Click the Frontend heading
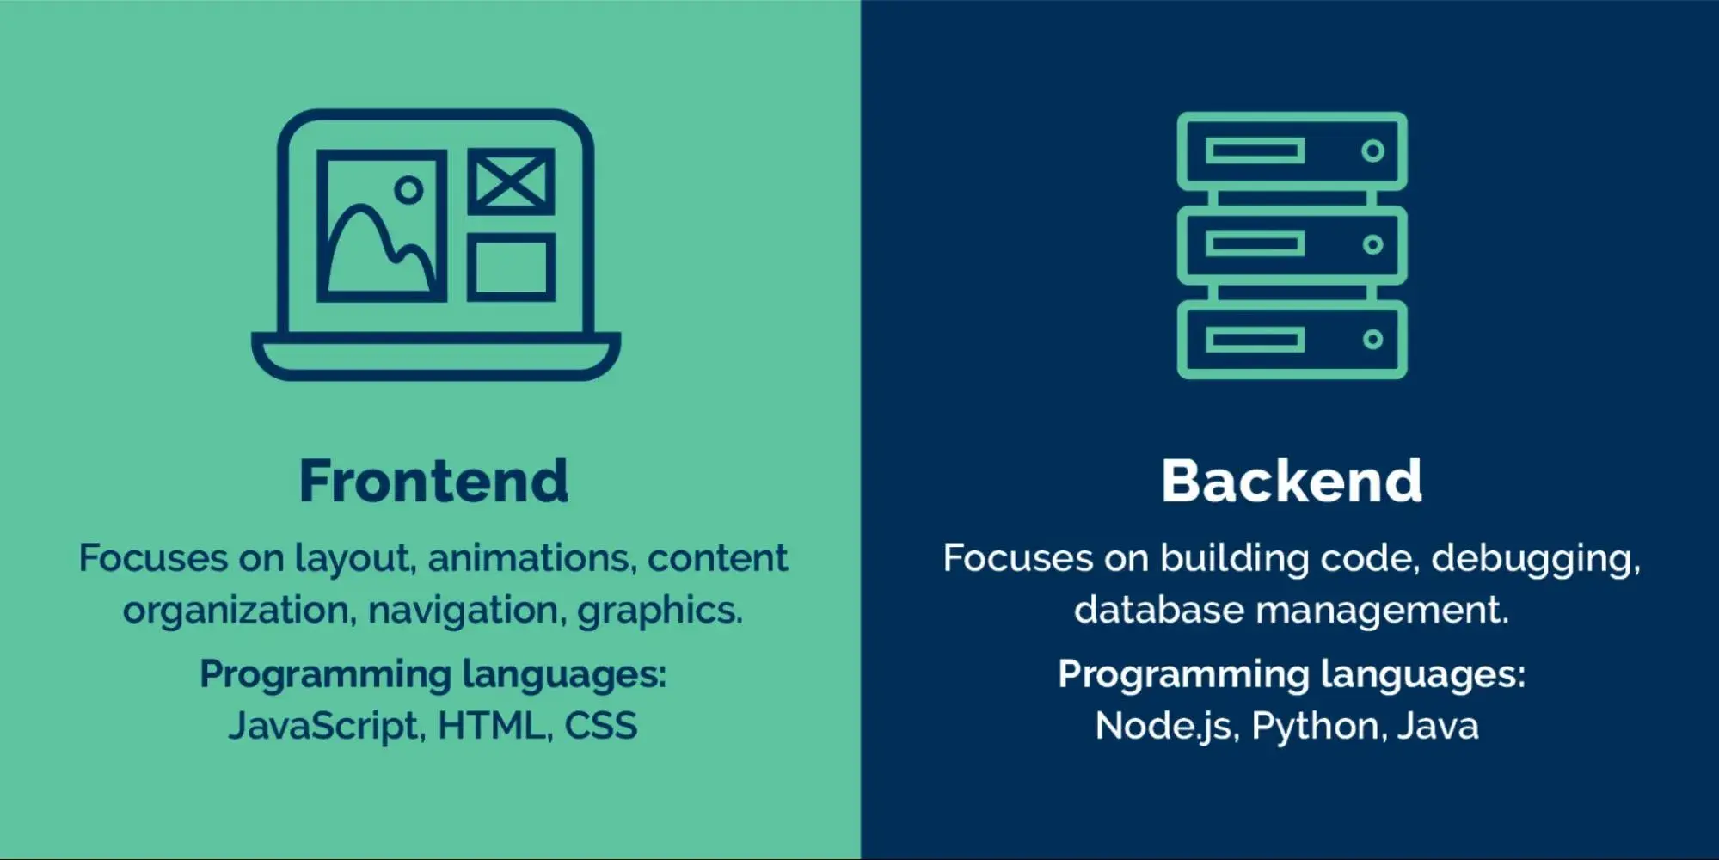coord(433,481)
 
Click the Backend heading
coord(1292,481)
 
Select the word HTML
coord(493,726)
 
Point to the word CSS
coord(601,726)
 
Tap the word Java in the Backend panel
coord(1438,726)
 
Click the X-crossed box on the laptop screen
coord(511,181)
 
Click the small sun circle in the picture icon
coord(408,189)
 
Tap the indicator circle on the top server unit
coord(1372,151)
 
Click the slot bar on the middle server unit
coord(1255,245)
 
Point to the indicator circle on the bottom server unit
coord(1372,340)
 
